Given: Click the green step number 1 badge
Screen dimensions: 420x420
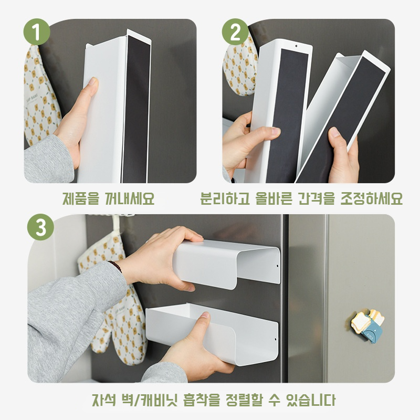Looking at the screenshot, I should (36, 33).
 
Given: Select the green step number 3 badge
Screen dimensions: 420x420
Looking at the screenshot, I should (40, 227).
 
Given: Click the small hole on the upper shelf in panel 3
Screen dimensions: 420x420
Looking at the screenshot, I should (277, 266).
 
